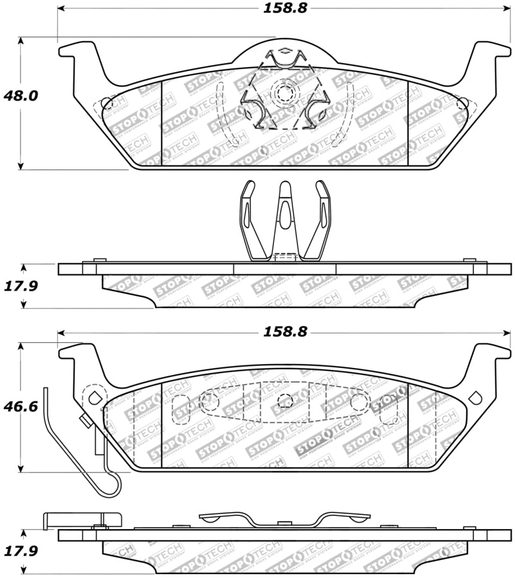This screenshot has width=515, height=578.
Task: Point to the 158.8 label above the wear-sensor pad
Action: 284,332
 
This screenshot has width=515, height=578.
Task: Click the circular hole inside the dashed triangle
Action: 283,94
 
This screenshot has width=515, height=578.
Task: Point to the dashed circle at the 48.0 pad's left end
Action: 108,103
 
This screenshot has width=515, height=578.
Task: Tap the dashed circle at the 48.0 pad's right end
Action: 462,104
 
